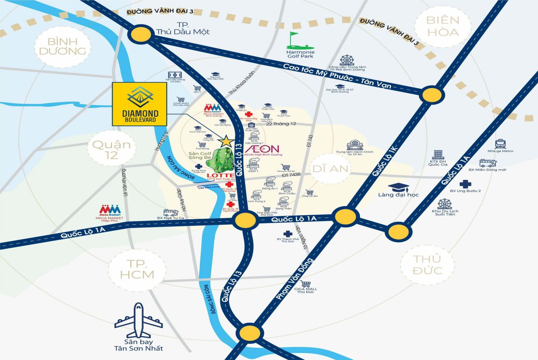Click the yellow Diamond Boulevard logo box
click(x=139, y=103)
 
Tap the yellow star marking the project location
click(x=226, y=141)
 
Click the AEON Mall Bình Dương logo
click(x=262, y=149)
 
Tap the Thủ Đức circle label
click(x=428, y=265)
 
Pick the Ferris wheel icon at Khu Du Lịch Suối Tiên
click(x=445, y=204)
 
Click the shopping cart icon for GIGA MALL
click(x=305, y=284)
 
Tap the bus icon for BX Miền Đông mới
click(x=488, y=163)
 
